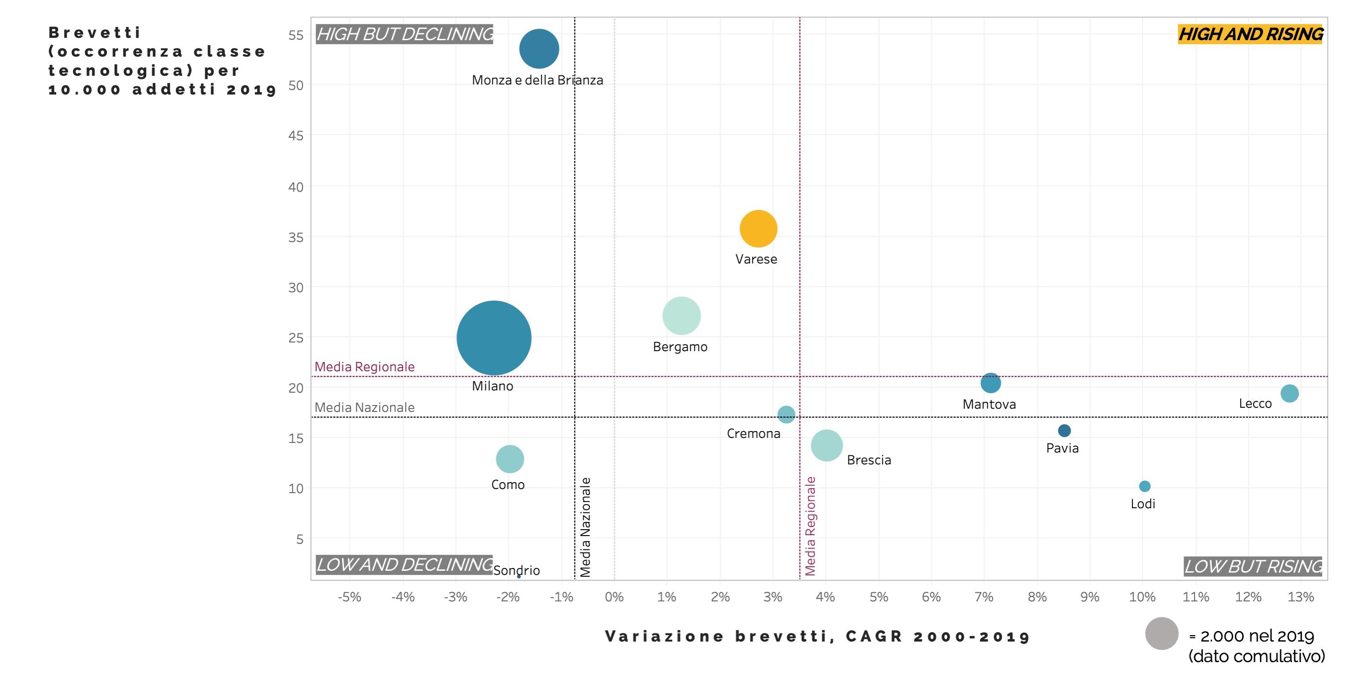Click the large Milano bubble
pos(494,338)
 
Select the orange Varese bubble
pos(758,229)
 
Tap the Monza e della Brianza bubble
pos(539,49)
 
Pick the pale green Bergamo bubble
pos(681,316)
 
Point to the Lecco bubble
pos(1289,394)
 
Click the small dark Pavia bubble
pos(1064,431)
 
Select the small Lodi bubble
pos(1144,486)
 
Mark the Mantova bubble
pos(990,383)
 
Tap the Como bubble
pos(510,459)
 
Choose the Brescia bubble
pos(826,445)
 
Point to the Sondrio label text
pos(516,570)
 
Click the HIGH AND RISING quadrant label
pos(1250,35)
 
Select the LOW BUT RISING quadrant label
pos(1253,566)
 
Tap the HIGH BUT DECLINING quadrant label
pos(404,35)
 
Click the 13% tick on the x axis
pos(1300,597)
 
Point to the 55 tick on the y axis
pos(296,36)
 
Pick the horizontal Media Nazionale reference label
pos(365,408)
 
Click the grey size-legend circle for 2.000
pos(1161,633)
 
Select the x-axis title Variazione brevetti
pos(817,637)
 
